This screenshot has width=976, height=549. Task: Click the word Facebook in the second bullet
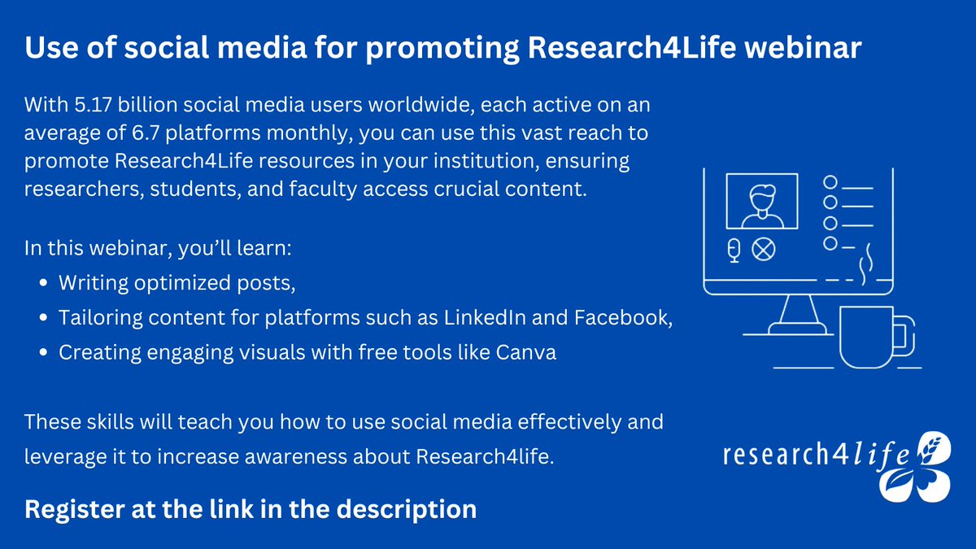point(621,318)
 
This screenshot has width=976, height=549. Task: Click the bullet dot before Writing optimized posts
point(43,284)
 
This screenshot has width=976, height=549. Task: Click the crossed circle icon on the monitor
point(763,251)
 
